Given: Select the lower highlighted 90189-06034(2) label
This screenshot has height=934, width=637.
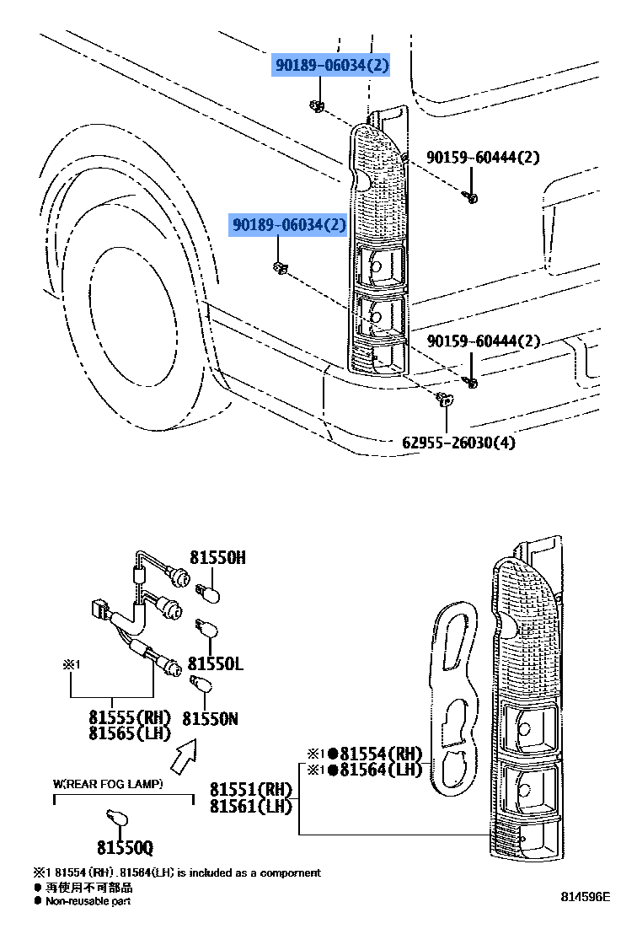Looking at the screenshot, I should coord(288,225).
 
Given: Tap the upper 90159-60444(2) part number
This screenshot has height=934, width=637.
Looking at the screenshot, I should coord(483,157).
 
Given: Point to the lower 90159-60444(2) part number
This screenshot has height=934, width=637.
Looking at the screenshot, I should coord(483,341).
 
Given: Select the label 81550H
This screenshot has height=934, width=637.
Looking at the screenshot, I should coord(217,557).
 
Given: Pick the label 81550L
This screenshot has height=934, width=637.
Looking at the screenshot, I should coord(215,664).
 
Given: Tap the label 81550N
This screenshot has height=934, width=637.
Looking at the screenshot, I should coord(211,718).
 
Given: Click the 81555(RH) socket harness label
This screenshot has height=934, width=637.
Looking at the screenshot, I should coord(130,717).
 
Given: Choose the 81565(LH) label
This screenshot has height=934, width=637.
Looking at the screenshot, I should coord(130,733).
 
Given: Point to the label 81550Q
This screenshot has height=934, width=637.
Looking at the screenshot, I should coord(125,847).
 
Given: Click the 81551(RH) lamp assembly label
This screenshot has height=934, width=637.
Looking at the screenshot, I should coord(250,790).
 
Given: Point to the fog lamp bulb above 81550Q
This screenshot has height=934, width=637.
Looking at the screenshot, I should coord(117,816).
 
